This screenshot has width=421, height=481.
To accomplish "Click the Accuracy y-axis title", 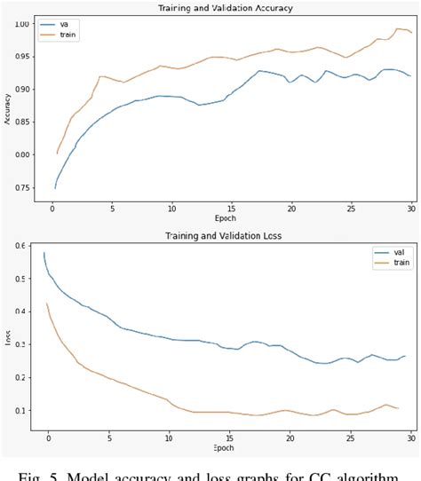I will click(x=7, y=108).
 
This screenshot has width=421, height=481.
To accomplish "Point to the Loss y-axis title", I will click(x=7, y=338).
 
